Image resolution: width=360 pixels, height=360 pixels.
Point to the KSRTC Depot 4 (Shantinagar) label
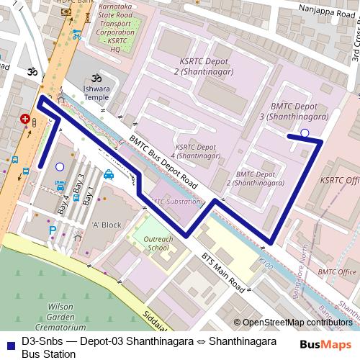[197, 150]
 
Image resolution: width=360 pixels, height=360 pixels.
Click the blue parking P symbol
[52, 230]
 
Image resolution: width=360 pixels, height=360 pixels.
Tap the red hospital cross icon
[26, 120]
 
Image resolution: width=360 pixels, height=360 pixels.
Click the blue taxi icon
[108, 174]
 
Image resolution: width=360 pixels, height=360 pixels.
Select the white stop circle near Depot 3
[305, 132]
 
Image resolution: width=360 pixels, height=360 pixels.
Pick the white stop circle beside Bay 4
[60, 166]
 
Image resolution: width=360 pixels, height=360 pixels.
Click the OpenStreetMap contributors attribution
[297, 322]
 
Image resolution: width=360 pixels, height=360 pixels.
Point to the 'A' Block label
[107, 225]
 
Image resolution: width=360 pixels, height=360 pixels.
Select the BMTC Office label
[337, 271]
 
